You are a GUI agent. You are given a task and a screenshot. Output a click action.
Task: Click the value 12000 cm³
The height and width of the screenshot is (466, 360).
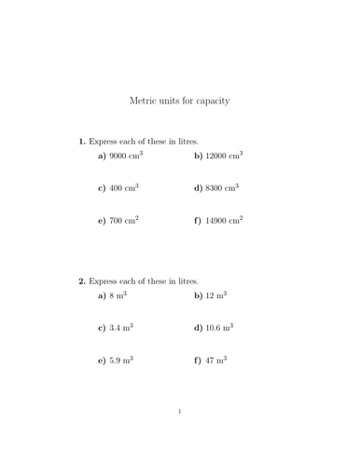pyautogui.click(x=224, y=157)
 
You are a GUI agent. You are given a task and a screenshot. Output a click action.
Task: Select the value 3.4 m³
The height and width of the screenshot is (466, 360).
pyautogui.click(x=121, y=327)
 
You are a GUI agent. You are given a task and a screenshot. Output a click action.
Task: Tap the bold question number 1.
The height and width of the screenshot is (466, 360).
pyautogui.click(x=82, y=142)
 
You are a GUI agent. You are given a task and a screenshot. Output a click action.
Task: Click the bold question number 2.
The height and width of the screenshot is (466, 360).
pyautogui.click(x=82, y=280)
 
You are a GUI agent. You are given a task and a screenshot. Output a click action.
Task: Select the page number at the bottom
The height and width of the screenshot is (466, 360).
pyautogui.click(x=180, y=436)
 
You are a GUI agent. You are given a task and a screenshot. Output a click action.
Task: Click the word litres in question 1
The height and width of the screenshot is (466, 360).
pyautogui.click(x=188, y=142)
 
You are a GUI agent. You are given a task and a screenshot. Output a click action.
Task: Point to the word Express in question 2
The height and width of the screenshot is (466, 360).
pyautogui.click(x=104, y=281)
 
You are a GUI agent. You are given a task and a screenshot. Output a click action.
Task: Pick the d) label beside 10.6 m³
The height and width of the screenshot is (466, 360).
pyautogui.click(x=198, y=327)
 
